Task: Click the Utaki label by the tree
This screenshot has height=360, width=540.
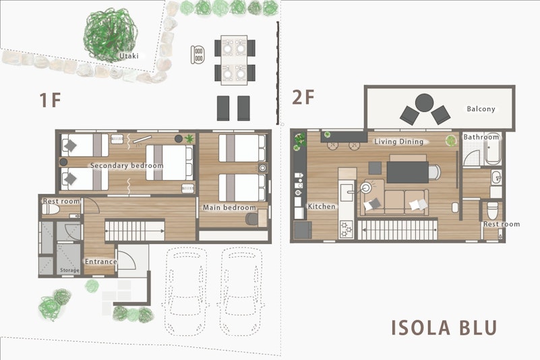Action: [x=129, y=56]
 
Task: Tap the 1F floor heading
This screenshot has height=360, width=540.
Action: [x=51, y=100]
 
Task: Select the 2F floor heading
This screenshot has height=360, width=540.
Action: [x=303, y=97]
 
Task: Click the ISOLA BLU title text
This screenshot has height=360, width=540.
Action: [x=444, y=328]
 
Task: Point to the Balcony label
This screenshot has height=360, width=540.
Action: [x=481, y=109]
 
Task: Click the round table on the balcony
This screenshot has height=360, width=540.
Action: [x=424, y=102]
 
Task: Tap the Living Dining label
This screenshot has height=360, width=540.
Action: [x=399, y=142]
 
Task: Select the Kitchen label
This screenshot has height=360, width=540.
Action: [x=322, y=206]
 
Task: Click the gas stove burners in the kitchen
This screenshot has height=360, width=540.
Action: [x=346, y=229]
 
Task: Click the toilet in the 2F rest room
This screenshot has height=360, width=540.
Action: [x=493, y=210]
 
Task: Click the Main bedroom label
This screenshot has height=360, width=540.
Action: [x=229, y=208]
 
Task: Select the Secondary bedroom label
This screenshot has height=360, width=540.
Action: [x=127, y=165]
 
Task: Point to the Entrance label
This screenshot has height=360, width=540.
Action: [x=101, y=262]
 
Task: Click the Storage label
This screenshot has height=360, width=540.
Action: [x=69, y=270]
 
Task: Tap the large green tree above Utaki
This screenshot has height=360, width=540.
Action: [x=110, y=34]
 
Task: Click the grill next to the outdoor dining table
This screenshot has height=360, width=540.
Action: [x=198, y=55]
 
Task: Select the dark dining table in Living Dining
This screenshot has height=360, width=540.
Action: [x=408, y=173]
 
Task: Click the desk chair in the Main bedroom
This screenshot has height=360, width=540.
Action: [x=251, y=218]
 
